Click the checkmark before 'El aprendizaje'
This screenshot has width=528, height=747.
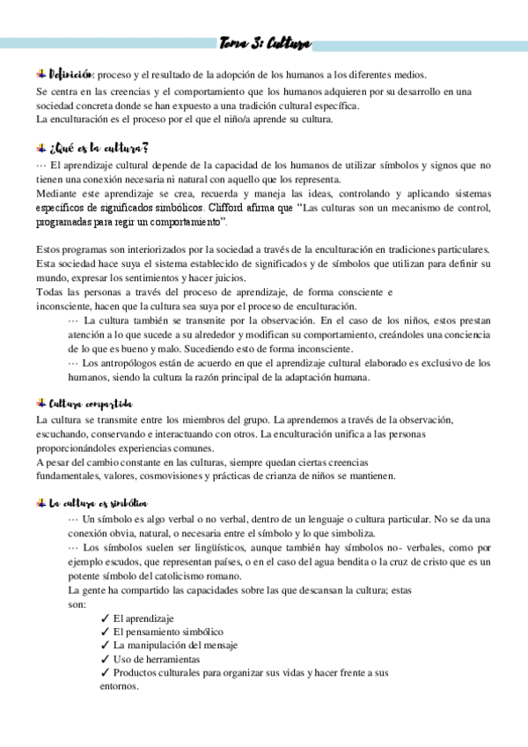click(x=106, y=618)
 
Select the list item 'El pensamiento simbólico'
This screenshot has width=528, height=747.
click(x=168, y=632)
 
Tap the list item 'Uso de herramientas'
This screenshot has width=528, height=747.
click(x=157, y=658)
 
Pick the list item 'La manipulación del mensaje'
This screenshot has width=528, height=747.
click(x=175, y=645)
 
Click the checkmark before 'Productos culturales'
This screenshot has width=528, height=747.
click(x=106, y=672)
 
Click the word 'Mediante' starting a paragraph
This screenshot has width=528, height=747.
click(x=57, y=191)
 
